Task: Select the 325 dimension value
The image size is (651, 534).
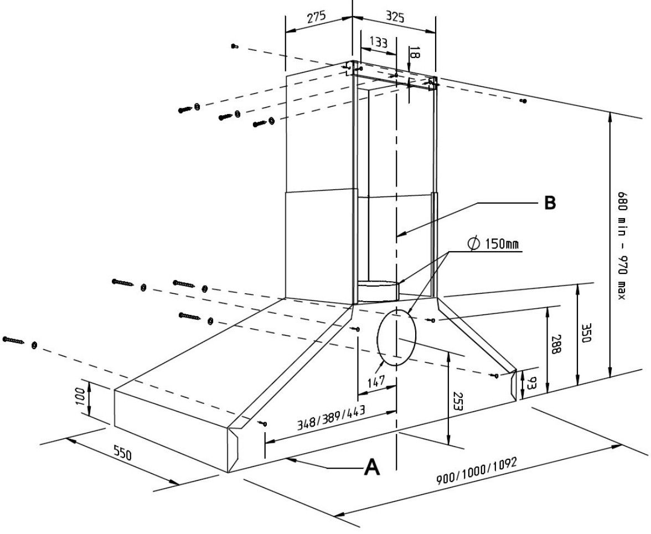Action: (394, 17)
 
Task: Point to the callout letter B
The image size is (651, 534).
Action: (549, 203)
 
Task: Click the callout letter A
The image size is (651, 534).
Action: (371, 468)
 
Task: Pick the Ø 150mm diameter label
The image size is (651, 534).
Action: (494, 244)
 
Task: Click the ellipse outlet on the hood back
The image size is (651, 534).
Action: (395, 338)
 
